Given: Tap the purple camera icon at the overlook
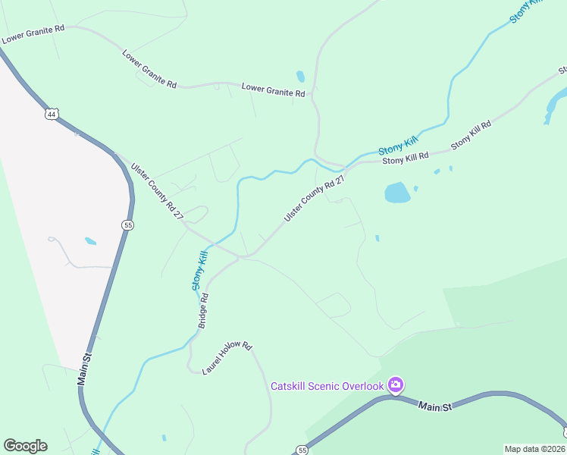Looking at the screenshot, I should (395, 386).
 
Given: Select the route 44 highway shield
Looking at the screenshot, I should (51, 115).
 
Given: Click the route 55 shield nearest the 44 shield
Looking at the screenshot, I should (127, 224).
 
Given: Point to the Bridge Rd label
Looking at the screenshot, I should (203, 311).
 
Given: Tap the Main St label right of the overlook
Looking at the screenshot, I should (435, 406).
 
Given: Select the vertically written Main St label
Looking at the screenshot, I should (86, 369).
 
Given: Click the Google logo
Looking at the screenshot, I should (25, 446).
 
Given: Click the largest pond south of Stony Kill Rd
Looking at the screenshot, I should (397, 193).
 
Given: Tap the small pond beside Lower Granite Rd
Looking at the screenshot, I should (301, 77).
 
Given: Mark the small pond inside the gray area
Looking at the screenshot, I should (91, 241).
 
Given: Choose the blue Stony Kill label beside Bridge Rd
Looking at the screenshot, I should (199, 271).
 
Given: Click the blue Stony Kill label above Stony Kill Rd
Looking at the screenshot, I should (398, 143).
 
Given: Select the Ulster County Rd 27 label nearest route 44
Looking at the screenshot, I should (158, 191).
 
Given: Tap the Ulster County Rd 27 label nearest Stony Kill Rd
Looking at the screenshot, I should (315, 199).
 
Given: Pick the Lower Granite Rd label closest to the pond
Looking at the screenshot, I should (273, 90).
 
